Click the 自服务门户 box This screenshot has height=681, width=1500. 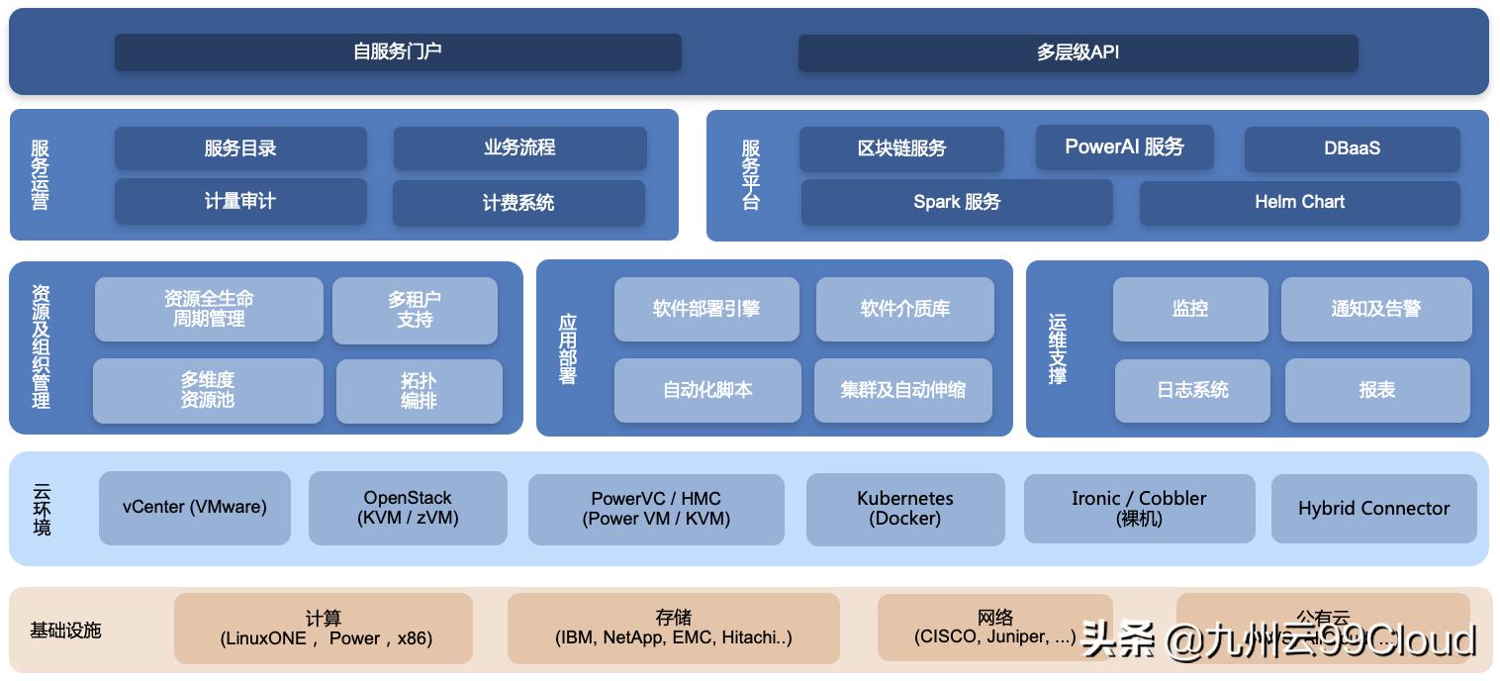pos(398,52)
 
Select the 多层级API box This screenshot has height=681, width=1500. pos(1078,53)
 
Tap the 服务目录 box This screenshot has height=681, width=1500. pos(240,148)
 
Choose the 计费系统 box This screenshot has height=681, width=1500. pos(518,203)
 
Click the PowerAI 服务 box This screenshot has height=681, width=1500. pos(1124,147)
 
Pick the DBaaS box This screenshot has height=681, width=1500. pos(1352,148)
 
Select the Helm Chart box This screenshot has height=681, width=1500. pos(1299,202)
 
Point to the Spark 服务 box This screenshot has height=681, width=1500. pos(957,202)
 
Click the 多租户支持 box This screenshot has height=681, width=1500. pos(415,310)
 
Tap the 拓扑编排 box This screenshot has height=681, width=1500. pos(419,391)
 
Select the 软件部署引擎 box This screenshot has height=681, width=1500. pos(706,309)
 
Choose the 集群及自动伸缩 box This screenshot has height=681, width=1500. pos(902,390)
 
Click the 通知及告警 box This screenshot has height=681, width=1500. pos(1375,309)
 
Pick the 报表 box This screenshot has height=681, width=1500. pos(1376,390)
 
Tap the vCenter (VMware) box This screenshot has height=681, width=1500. pos(195,507)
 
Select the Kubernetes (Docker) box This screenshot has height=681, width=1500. pos(904,509)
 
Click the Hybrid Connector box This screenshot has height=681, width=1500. pos(1373,509)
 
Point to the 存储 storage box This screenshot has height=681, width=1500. pos(673,628)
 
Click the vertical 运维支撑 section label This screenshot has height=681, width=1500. pos(1057,348)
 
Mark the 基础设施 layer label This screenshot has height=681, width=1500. pos(65,631)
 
